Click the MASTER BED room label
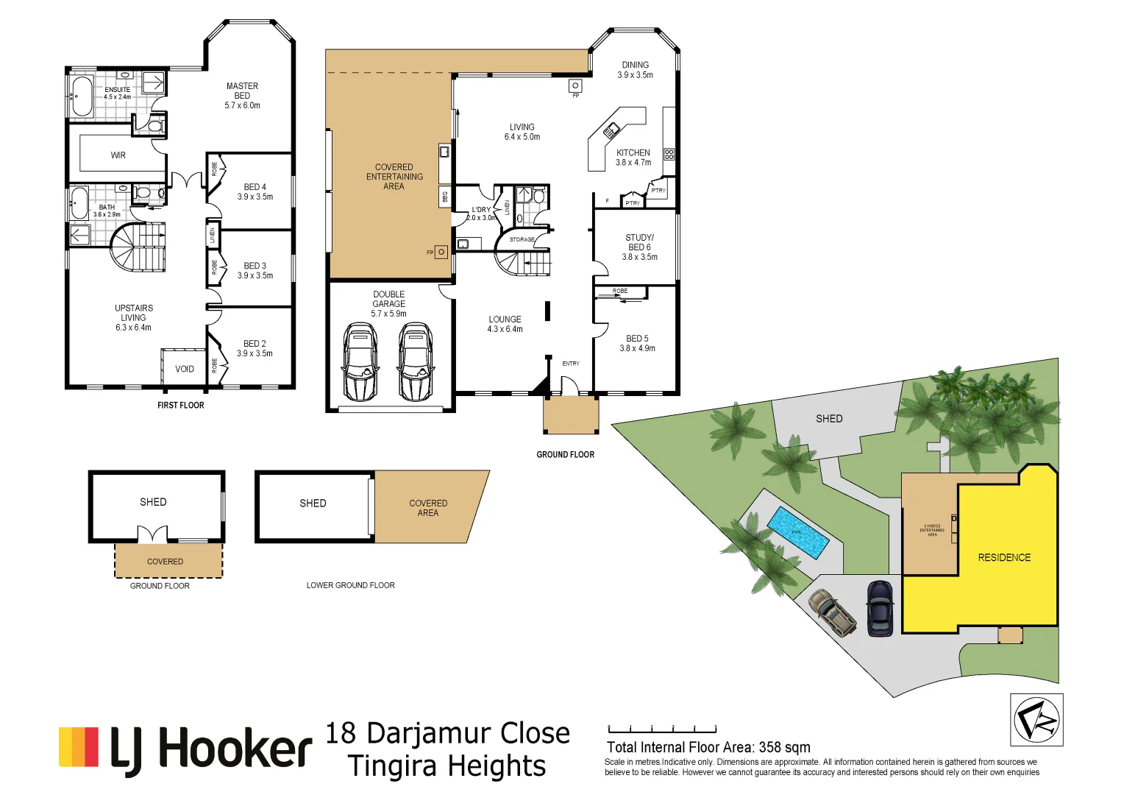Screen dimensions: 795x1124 tap(242, 96)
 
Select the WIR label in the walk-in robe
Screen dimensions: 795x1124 tap(118, 155)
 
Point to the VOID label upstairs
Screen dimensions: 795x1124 tap(185, 369)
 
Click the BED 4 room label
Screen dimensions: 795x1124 tap(255, 191)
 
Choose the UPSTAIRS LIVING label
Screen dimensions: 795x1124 tap(133, 317)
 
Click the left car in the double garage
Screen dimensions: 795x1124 tap(360, 361)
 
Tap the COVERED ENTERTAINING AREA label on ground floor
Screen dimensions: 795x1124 tap(394, 177)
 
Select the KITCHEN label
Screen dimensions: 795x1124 tap(633, 158)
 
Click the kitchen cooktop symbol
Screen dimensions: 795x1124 tap(669, 154)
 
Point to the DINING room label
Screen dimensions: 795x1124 tap(635, 70)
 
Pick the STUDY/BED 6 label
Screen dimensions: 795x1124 tap(639, 247)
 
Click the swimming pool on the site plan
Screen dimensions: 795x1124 tap(798, 531)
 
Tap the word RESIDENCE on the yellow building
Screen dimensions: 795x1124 tap(1004, 557)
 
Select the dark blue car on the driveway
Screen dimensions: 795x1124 tap(880, 608)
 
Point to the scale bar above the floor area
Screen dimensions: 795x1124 tap(662, 730)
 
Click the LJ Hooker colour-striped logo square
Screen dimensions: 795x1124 tap(79, 747)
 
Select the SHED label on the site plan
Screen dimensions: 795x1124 tap(828, 418)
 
